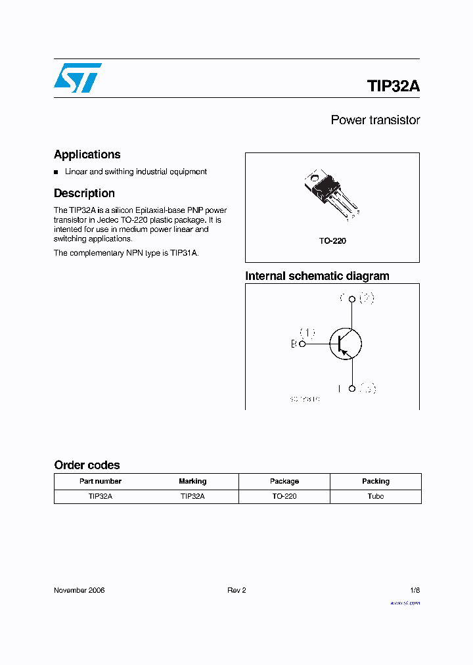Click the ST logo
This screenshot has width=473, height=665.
[x=78, y=78]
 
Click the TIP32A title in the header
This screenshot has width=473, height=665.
[x=393, y=86]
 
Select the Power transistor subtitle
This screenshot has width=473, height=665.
[x=375, y=120]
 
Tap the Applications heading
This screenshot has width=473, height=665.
[x=87, y=154]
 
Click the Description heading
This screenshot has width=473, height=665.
[x=84, y=193]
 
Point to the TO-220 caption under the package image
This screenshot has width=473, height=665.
[x=332, y=241]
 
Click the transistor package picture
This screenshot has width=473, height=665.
[x=332, y=195]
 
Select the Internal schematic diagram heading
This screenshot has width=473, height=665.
[x=317, y=276]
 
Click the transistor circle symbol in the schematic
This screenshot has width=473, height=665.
[x=346, y=343]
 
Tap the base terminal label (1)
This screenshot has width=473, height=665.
[x=307, y=332]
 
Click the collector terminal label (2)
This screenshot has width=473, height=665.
[x=367, y=299]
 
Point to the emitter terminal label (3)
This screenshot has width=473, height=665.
[x=368, y=389]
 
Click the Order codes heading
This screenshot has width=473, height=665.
[x=87, y=465]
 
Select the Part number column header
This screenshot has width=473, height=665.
[x=101, y=481]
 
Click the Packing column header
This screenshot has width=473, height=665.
[x=376, y=481]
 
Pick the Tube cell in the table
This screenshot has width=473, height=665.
[x=376, y=496]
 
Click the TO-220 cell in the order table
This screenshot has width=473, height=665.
[x=284, y=496]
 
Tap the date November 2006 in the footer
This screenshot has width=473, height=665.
[x=79, y=590]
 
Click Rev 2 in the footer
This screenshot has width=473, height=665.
[x=236, y=590]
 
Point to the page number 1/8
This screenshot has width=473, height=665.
[x=414, y=590]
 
